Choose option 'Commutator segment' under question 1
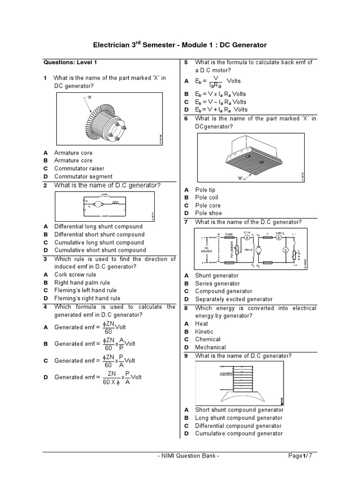pos(83,177)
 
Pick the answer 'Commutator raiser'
pos(79,169)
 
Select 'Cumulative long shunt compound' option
pos(99,242)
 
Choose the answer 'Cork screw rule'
pos(75,275)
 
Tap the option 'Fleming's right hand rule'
pos(87,299)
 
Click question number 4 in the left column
pos(45,307)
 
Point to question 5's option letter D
pos(186,110)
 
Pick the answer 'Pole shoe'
pos(209,213)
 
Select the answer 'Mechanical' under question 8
pos(210,347)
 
